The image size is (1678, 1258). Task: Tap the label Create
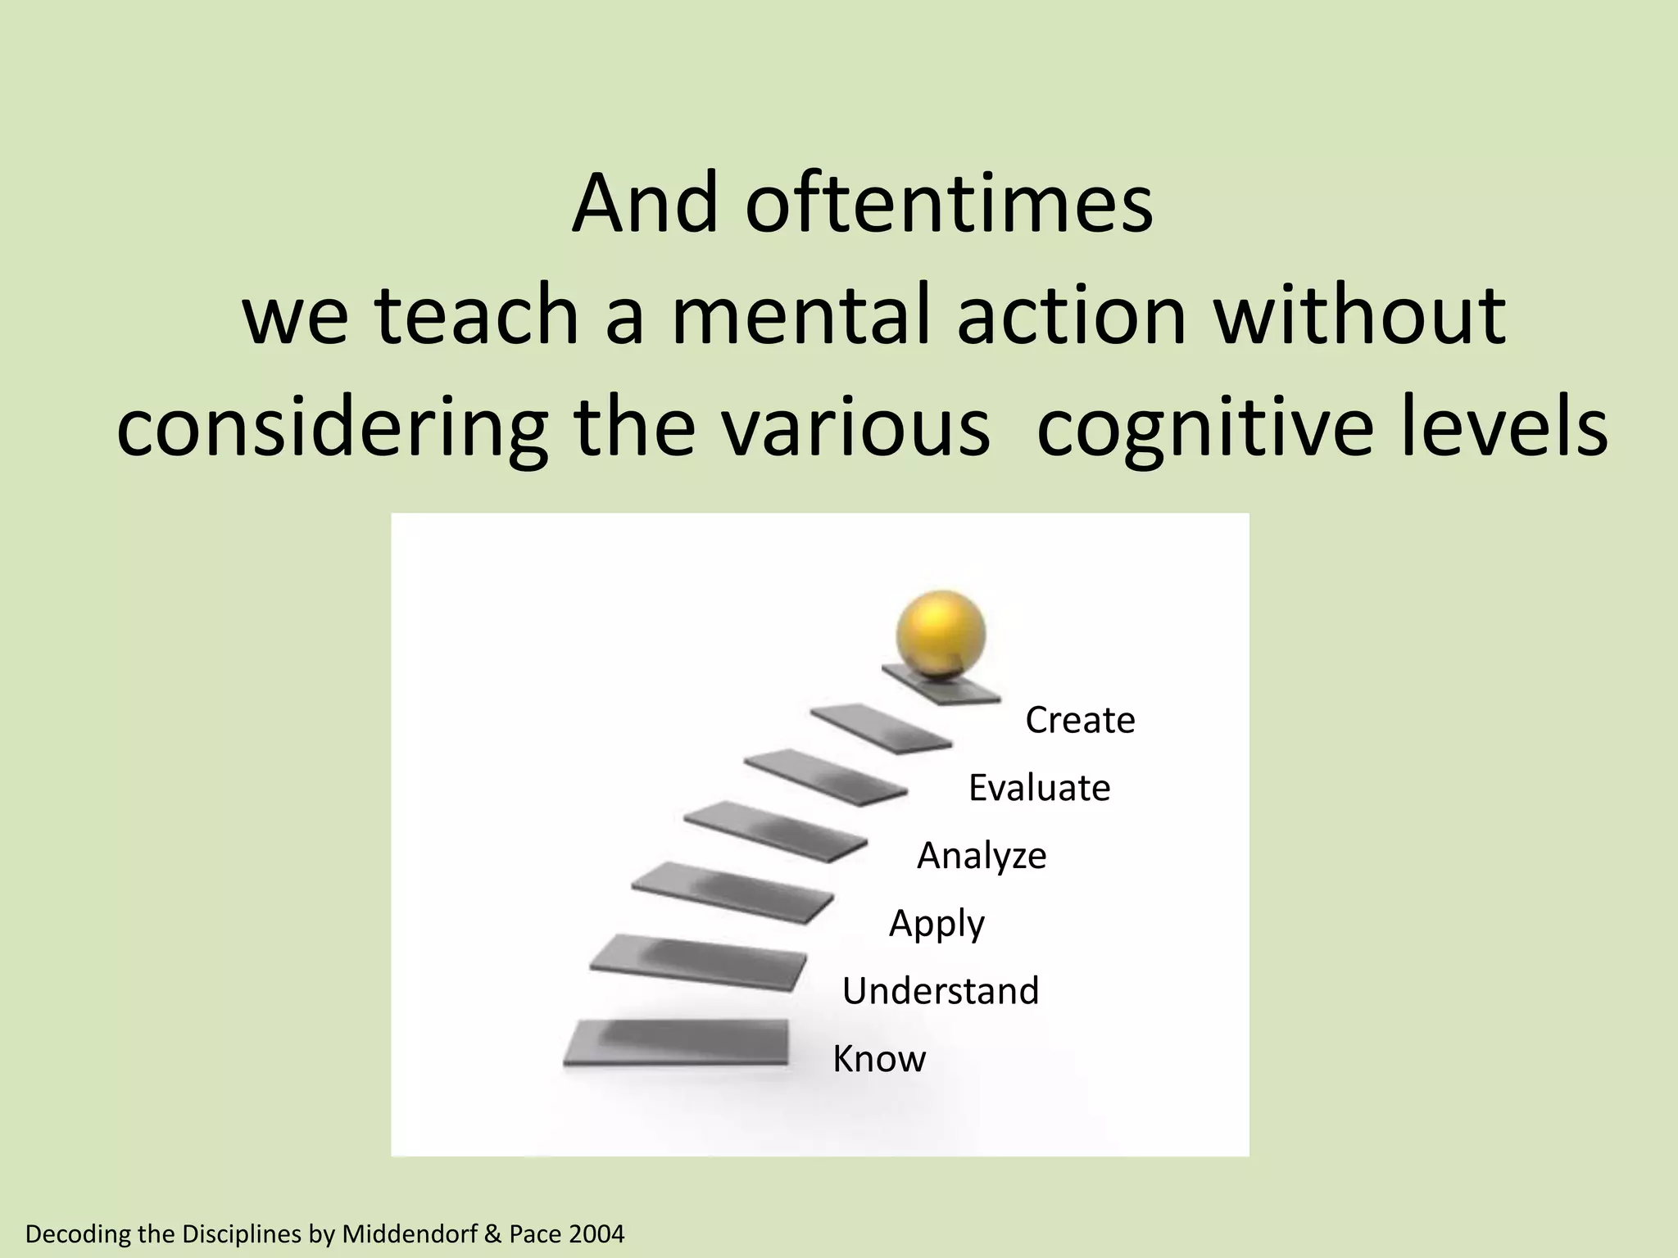(x=1080, y=721)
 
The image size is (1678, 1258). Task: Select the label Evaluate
(x=1039, y=788)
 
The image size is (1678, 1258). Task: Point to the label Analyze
(x=982, y=856)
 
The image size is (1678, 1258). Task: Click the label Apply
(x=937, y=924)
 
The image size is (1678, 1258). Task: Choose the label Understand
(x=941, y=991)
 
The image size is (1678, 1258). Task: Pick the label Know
(x=879, y=1059)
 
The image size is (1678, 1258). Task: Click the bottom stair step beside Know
(x=677, y=1042)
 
